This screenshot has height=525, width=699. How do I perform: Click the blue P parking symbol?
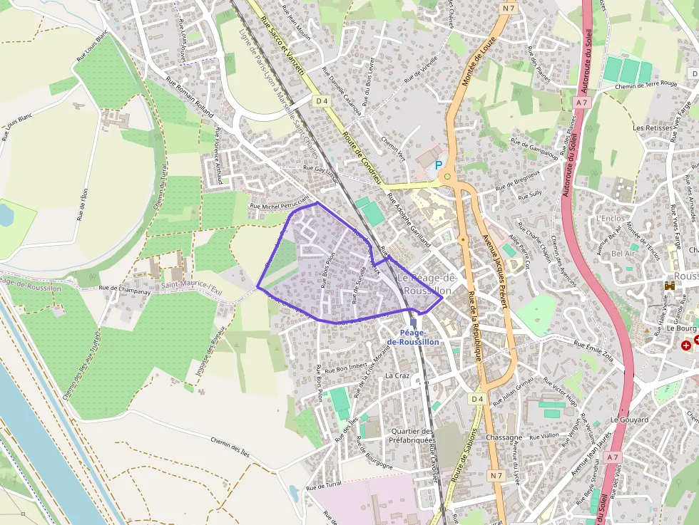[x=439, y=165]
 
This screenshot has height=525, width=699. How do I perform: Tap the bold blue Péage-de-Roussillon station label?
[x=413, y=337]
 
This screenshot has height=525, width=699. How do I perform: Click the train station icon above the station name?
[x=413, y=323]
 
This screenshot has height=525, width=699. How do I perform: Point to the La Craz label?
[x=395, y=375]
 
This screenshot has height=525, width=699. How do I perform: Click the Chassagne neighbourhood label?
[x=503, y=437]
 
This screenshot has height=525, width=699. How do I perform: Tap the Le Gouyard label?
[x=630, y=420]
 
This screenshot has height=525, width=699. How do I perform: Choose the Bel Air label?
[x=623, y=253]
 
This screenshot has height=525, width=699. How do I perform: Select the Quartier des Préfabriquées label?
[x=412, y=436]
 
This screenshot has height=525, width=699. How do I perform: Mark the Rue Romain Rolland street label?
[x=190, y=98]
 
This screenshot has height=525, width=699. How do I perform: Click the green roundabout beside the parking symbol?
[x=447, y=176]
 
